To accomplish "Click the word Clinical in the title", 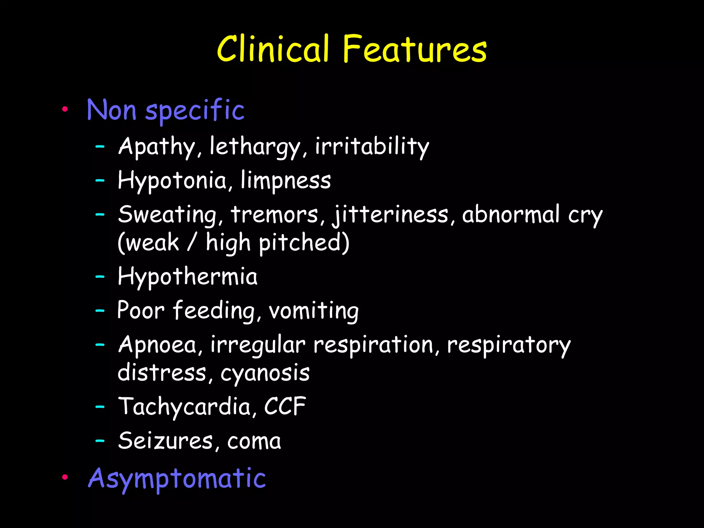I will [273, 49].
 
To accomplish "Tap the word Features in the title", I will [415, 49].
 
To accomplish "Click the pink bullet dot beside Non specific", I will [65, 110].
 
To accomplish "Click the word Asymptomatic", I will [177, 478].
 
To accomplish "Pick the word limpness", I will [285, 180].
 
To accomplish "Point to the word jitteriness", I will [390, 215].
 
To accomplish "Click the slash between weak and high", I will [192, 242].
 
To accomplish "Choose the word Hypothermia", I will [187, 277].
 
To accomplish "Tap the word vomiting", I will [313, 311].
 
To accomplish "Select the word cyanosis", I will [265, 373].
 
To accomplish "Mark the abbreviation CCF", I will [285, 406].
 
